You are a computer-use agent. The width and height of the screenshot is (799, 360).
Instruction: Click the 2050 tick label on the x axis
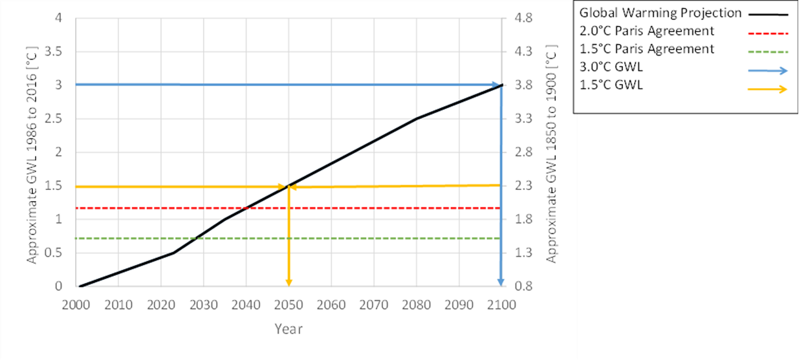point(289,304)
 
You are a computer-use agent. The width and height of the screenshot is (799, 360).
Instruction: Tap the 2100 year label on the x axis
point(501,304)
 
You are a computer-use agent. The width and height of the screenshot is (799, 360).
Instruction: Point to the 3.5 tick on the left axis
point(62,52)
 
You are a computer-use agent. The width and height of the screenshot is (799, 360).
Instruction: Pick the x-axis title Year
point(288,329)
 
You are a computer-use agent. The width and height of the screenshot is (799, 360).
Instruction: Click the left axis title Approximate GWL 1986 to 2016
point(32,153)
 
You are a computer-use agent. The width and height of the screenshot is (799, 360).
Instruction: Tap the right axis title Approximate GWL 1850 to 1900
point(551,153)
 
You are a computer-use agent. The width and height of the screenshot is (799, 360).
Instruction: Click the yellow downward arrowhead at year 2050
point(289,282)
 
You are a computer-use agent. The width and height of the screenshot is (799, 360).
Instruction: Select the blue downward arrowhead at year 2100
point(501,281)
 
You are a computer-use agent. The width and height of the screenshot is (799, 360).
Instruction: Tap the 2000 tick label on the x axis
point(76,304)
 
